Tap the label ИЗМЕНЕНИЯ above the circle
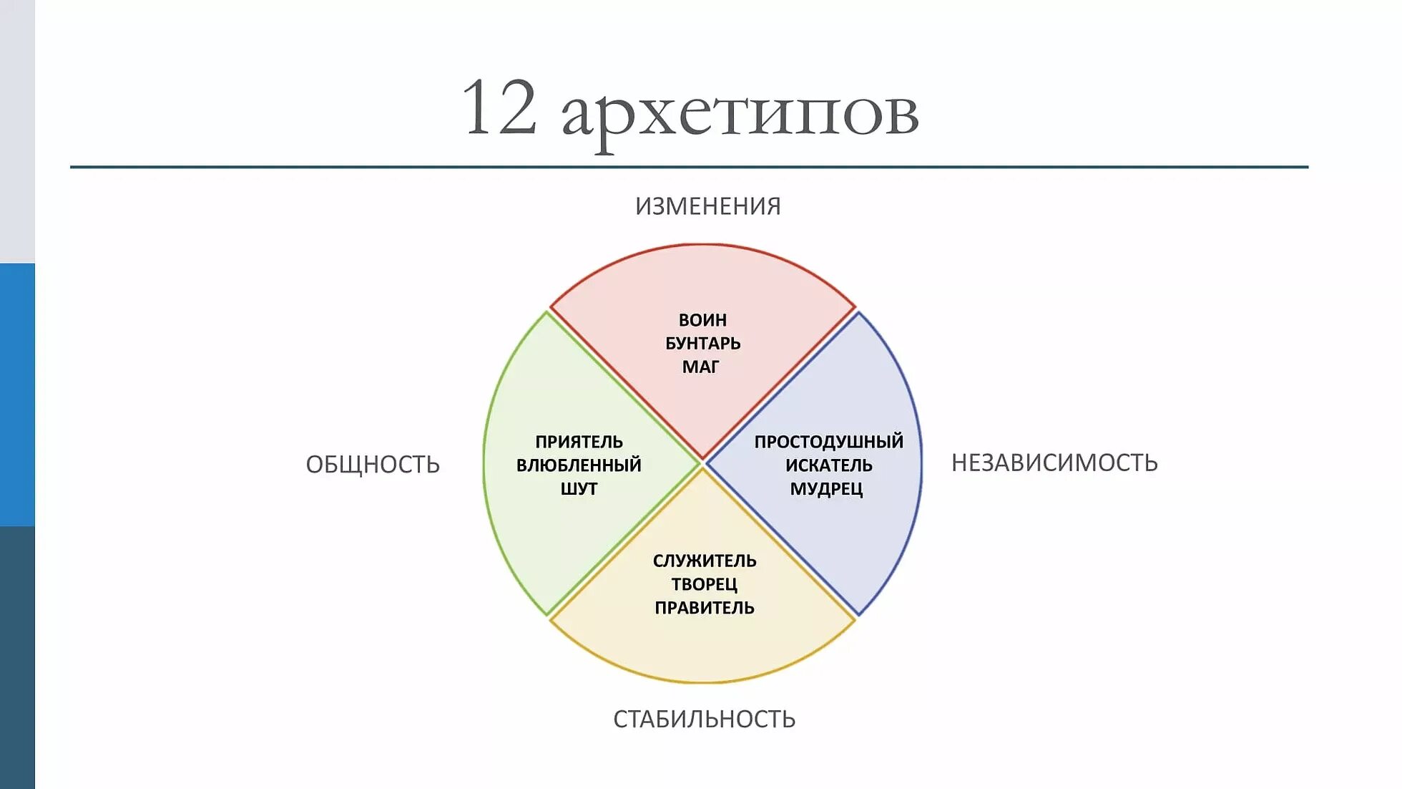(x=707, y=206)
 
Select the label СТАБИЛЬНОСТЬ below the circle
(x=704, y=719)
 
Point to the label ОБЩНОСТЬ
(x=373, y=465)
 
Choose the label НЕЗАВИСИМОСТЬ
(x=1054, y=463)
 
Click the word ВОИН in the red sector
(x=702, y=320)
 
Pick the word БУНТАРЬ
(x=702, y=344)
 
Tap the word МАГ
(x=700, y=367)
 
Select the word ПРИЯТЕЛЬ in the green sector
(x=579, y=442)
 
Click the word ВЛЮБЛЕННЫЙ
(x=579, y=465)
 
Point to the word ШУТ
(x=579, y=489)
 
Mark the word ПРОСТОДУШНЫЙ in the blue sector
(x=828, y=442)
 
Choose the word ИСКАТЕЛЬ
(x=828, y=465)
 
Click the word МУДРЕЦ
(x=826, y=489)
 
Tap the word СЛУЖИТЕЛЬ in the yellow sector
(x=705, y=561)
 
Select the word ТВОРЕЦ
(x=704, y=584)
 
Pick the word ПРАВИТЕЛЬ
(x=705, y=608)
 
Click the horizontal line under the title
(x=689, y=167)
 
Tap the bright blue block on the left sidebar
(x=17, y=394)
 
